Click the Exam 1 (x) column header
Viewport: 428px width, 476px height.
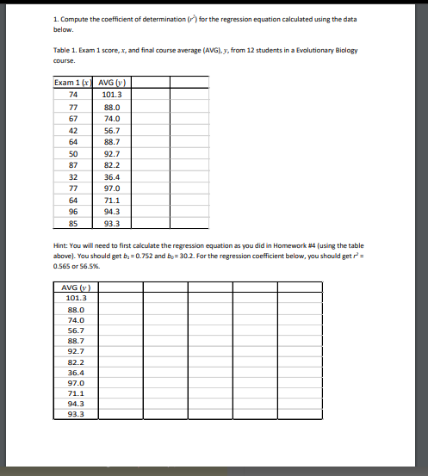pos(73,83)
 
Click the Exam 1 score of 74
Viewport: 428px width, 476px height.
pos(73,94)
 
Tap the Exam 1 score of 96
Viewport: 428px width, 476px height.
pos(73,212)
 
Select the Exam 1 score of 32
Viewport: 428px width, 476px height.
pos(73,176)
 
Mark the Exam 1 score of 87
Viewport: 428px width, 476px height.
pos(73,164)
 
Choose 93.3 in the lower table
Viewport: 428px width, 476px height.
pos(76,413)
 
